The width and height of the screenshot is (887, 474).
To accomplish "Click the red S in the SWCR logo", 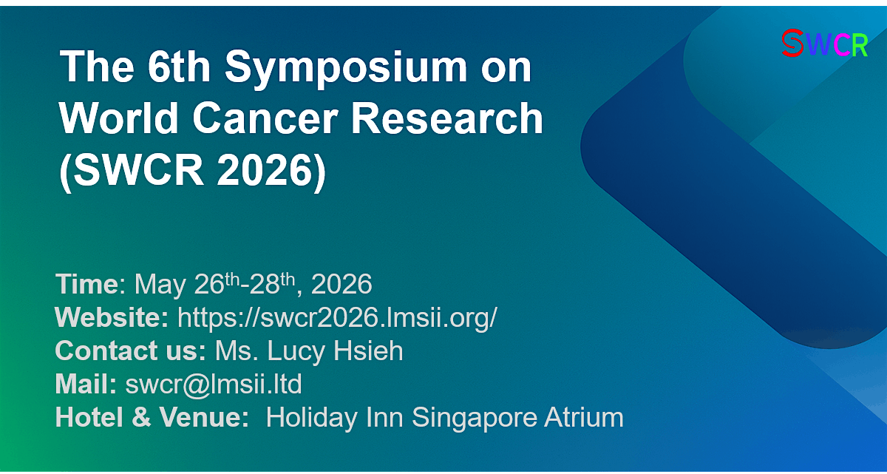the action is pos(792,43).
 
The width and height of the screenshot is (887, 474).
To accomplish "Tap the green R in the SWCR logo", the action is pos(859,45).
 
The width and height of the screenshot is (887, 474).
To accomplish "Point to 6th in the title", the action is pos(179,66).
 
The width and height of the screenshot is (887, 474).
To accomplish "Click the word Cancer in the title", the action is pos(265,118).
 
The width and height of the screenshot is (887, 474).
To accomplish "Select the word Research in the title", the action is pos(447,118).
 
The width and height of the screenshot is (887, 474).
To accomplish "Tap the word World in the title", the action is pos(118,118).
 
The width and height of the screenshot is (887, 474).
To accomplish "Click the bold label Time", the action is pos(86,284).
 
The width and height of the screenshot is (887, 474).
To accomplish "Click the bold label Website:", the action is pos(112,317).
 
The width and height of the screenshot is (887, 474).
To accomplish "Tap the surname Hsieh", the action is pos(368,351).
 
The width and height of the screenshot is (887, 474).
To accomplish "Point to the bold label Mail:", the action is pos(86,384).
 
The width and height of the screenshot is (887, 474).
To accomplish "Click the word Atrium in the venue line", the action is pos(584,417).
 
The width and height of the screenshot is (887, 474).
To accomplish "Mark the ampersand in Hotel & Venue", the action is pos(141,417).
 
